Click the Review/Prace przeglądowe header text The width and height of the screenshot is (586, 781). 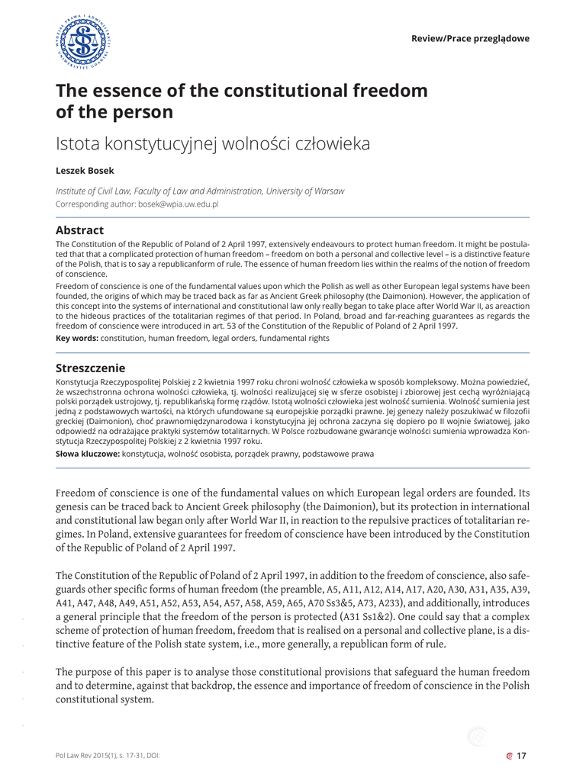pos(469,39)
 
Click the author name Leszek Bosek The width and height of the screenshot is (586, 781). pos(83,171)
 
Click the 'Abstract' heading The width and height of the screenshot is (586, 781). pos(79,230)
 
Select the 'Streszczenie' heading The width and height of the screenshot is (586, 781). pos(91,368)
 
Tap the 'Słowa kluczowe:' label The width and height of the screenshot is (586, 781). pos(88,455)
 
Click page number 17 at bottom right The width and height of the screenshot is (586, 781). pos(522,756)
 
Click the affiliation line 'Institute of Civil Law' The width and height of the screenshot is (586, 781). pos(100,191)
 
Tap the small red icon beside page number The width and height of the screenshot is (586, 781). pos(509,756)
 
